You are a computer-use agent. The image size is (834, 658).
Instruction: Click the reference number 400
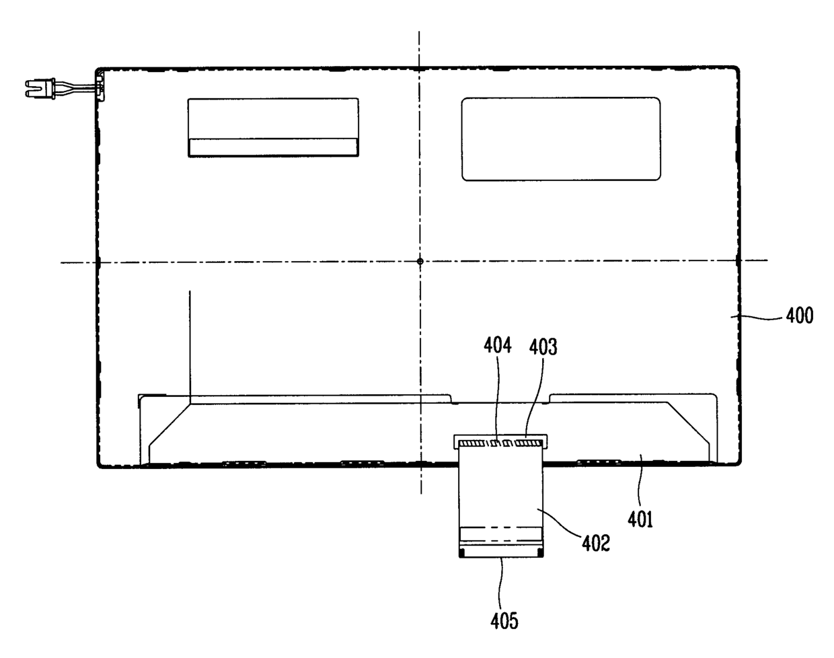click(x=800, y=316)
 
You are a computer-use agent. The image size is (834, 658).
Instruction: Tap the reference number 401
click(x=640, y=519)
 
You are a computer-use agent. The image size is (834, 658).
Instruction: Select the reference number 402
click(x=596, y=543)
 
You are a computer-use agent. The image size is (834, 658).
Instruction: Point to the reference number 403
click(x=543, y=346)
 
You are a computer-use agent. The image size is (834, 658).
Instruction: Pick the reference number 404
click(x=497, y=344)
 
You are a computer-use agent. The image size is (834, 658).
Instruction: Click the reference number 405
click(x=504, y=621)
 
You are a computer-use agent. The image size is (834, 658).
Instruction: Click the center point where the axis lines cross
click(x=420, y=261)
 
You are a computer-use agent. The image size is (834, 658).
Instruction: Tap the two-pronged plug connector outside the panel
click(x=40, y=87)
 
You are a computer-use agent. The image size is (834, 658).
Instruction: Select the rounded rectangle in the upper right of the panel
click(x=561, y=139)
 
